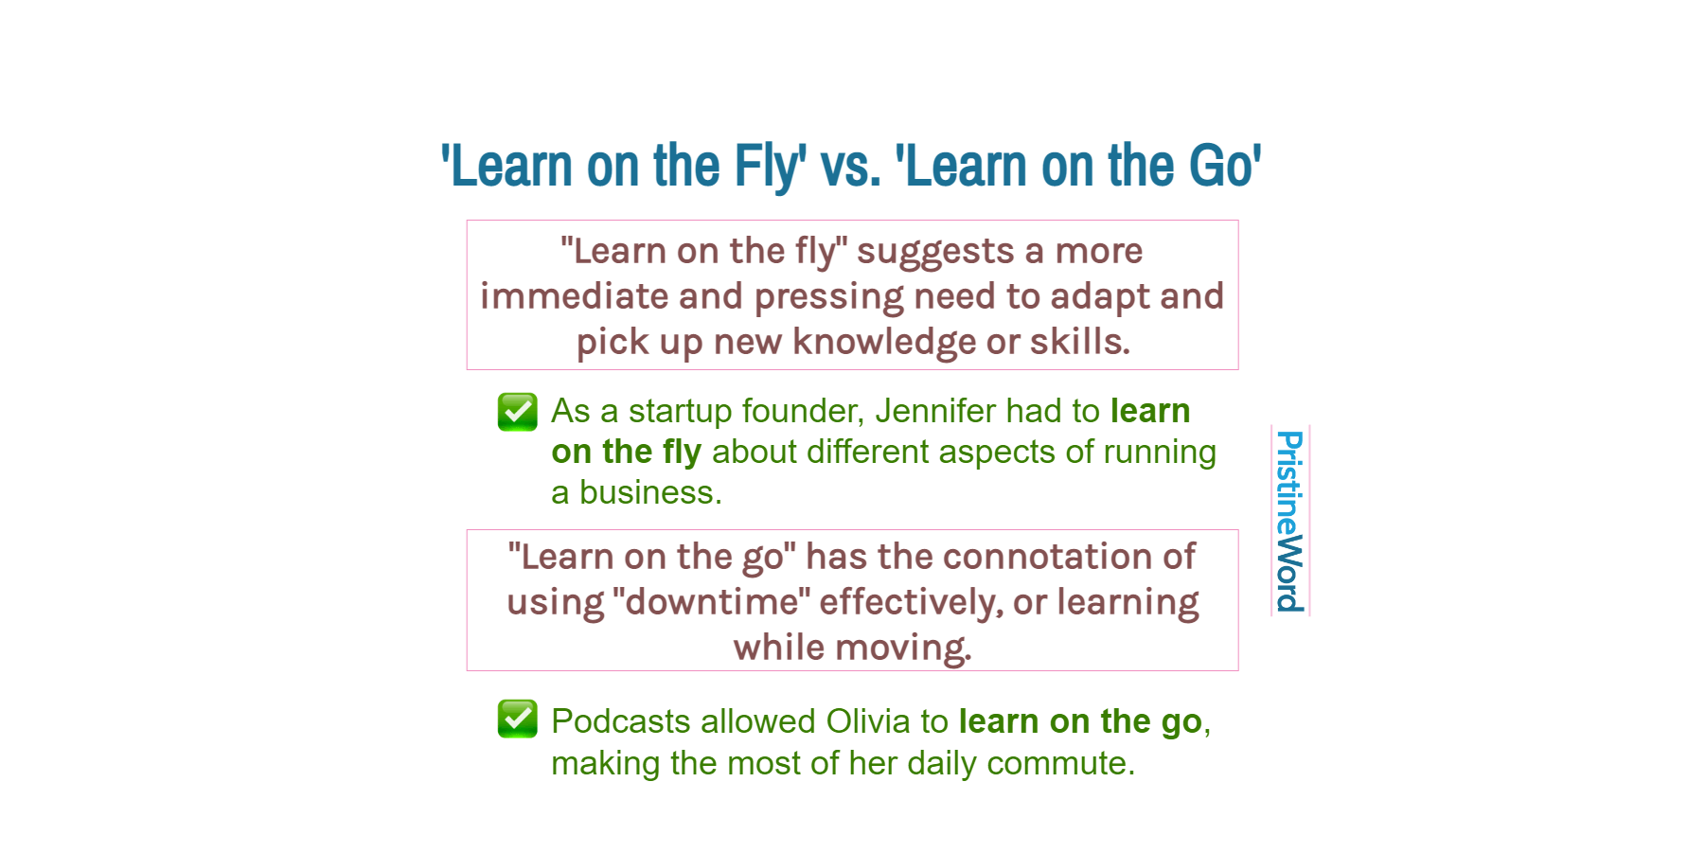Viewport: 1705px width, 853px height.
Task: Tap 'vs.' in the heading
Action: click(850, 167)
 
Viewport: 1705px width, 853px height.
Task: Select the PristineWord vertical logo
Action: click(1289, 521)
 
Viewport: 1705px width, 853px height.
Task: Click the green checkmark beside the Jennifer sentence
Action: click(518, 412)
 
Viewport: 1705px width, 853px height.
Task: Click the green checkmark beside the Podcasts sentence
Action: click(518, 720)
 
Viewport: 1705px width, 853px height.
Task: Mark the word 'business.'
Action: click(650, 492)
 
